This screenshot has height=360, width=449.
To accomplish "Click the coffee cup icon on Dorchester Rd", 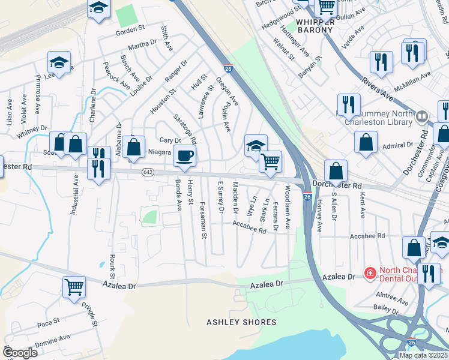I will coord(185,156).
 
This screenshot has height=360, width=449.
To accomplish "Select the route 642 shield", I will coord(147,172).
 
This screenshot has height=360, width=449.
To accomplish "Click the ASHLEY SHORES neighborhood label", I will coord(241,322).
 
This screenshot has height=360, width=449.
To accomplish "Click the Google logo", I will coord(20,352).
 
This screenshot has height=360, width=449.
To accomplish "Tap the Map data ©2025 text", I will coord(423,355).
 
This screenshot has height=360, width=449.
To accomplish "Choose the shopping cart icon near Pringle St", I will coord(74,287).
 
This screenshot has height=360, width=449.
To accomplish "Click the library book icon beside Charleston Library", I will coord(422,116).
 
